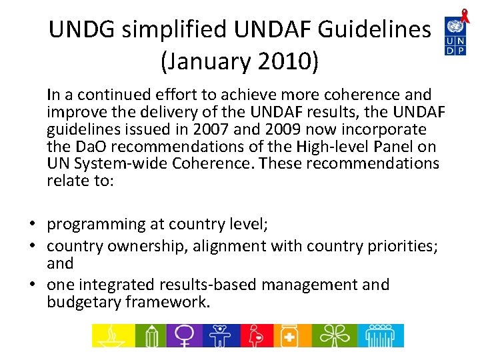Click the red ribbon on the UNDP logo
coord(465,17)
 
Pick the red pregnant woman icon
coord(256,335)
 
